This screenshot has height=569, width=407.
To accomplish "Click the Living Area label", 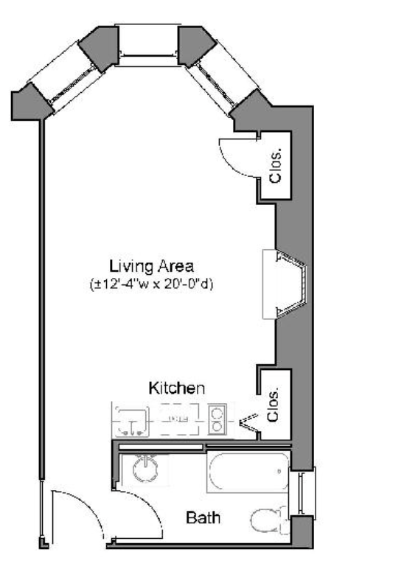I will [151, 266].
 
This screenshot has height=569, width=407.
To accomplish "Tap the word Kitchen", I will [176, 388].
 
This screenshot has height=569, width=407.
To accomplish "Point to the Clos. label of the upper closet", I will [276, 167].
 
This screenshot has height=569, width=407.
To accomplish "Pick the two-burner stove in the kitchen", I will [217, 420].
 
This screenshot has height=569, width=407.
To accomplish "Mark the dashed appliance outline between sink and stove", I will [177, 420].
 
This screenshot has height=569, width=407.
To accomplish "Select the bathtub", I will [248, 472].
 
